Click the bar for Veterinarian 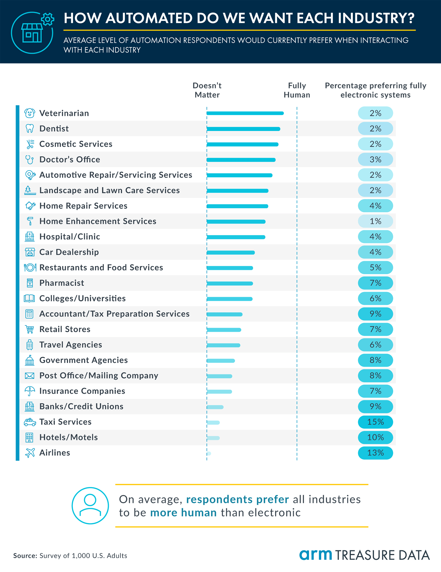pyautogui.click(x=245, y=113)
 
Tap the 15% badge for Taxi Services pyautogui.click(x=375, y=422)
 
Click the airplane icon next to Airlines pyautogui.click(x=30, y=453)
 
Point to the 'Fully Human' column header pyautogui.click(x=297, y=90)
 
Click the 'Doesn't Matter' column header pyautogui.click(x=207, y=90)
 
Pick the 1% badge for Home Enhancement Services pyautogui.click(x=375, y=221)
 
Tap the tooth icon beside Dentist pyautogui.click(x=29, y=128)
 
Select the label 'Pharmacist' pyautogui.click(x=61, y=283)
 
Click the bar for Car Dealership pyautogui.click(x=230, y=253)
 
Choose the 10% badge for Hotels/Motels pyautogui.click(x=375, y=437)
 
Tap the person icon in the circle pyautogui.click(x=90, y=506)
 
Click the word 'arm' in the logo pyautogui.click(x=315, y=555)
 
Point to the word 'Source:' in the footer pyautogui.click(x=25, y=556)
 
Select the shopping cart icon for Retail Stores pyautogui.click(x=29, y=329)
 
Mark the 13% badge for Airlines pyautogui.click(x=375, y=453)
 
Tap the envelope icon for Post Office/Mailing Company pyautogui.click(x=29, y=375)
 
